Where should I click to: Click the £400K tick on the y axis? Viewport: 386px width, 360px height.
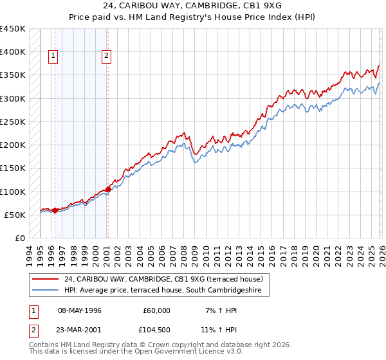[13, 52]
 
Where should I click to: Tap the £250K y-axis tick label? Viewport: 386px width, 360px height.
[13, 122]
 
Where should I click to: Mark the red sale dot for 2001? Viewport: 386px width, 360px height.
[108, 189]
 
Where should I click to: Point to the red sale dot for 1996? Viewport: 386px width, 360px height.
[55, 210]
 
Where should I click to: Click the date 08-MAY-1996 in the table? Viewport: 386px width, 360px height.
[80, 310]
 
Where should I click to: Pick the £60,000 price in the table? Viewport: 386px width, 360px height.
[157, 310]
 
